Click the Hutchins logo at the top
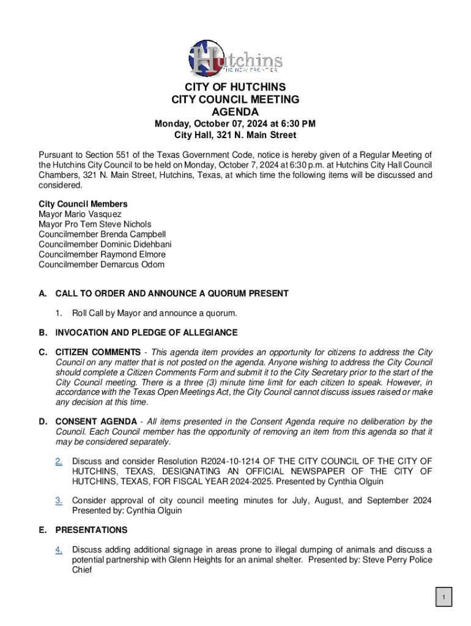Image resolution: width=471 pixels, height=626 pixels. point(235,57)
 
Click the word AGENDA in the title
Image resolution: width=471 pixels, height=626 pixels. point(235,112)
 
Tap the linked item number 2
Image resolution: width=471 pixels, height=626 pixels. point(59,461)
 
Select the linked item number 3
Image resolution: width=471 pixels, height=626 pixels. point(59,501)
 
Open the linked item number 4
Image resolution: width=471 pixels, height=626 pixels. point(59,550)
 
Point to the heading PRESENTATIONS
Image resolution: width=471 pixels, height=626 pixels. point(91,530)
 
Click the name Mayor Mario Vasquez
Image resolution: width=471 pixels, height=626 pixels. point(80,215)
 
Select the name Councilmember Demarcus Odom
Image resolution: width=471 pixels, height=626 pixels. point(102,265)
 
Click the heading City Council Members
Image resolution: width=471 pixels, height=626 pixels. point(83,204)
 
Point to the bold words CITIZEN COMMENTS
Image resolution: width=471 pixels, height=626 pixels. point(98,353)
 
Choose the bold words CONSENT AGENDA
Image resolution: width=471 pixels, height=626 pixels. point(96,422)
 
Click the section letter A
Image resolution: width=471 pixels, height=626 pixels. point(42,294)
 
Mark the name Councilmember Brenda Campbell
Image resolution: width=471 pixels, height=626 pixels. point(102,235)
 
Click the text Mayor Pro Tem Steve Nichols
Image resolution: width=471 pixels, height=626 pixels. point(95,224)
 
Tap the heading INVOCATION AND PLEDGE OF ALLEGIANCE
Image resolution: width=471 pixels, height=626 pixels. point(146,333)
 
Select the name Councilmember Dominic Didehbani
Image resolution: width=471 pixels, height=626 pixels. point(105,245)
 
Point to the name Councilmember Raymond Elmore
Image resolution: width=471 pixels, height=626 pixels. point(102,254)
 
